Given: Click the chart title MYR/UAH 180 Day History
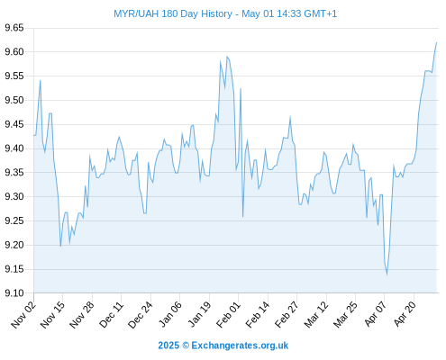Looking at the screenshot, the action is coord(173,13).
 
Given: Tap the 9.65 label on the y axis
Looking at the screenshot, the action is coord(14,28).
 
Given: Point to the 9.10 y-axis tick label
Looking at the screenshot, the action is coord(14,293).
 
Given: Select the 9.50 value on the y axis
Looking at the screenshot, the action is coord(14,100).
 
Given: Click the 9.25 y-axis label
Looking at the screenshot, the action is coord(14,221).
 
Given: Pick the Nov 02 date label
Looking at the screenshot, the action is coord(23,315).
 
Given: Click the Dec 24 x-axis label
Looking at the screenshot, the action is coord(141,315).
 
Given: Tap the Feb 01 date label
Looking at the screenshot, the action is coord(229,315).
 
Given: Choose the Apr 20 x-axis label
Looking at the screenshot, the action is coord(405,314).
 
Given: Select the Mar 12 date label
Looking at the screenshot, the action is coord(316,315).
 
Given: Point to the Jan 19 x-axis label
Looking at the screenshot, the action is coord(199,315).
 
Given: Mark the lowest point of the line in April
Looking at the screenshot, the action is coord(387,274).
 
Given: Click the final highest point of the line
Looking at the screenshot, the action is coord(436,42).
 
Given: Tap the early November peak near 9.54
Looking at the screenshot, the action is coord(41,80).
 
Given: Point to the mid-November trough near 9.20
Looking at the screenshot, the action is coord(60,247).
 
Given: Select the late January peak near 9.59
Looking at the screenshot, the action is coord(227,57).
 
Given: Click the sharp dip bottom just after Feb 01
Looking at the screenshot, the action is coord(242,217).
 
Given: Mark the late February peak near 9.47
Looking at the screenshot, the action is coord(290,116).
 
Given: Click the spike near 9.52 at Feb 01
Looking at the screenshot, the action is coord(241,89).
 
